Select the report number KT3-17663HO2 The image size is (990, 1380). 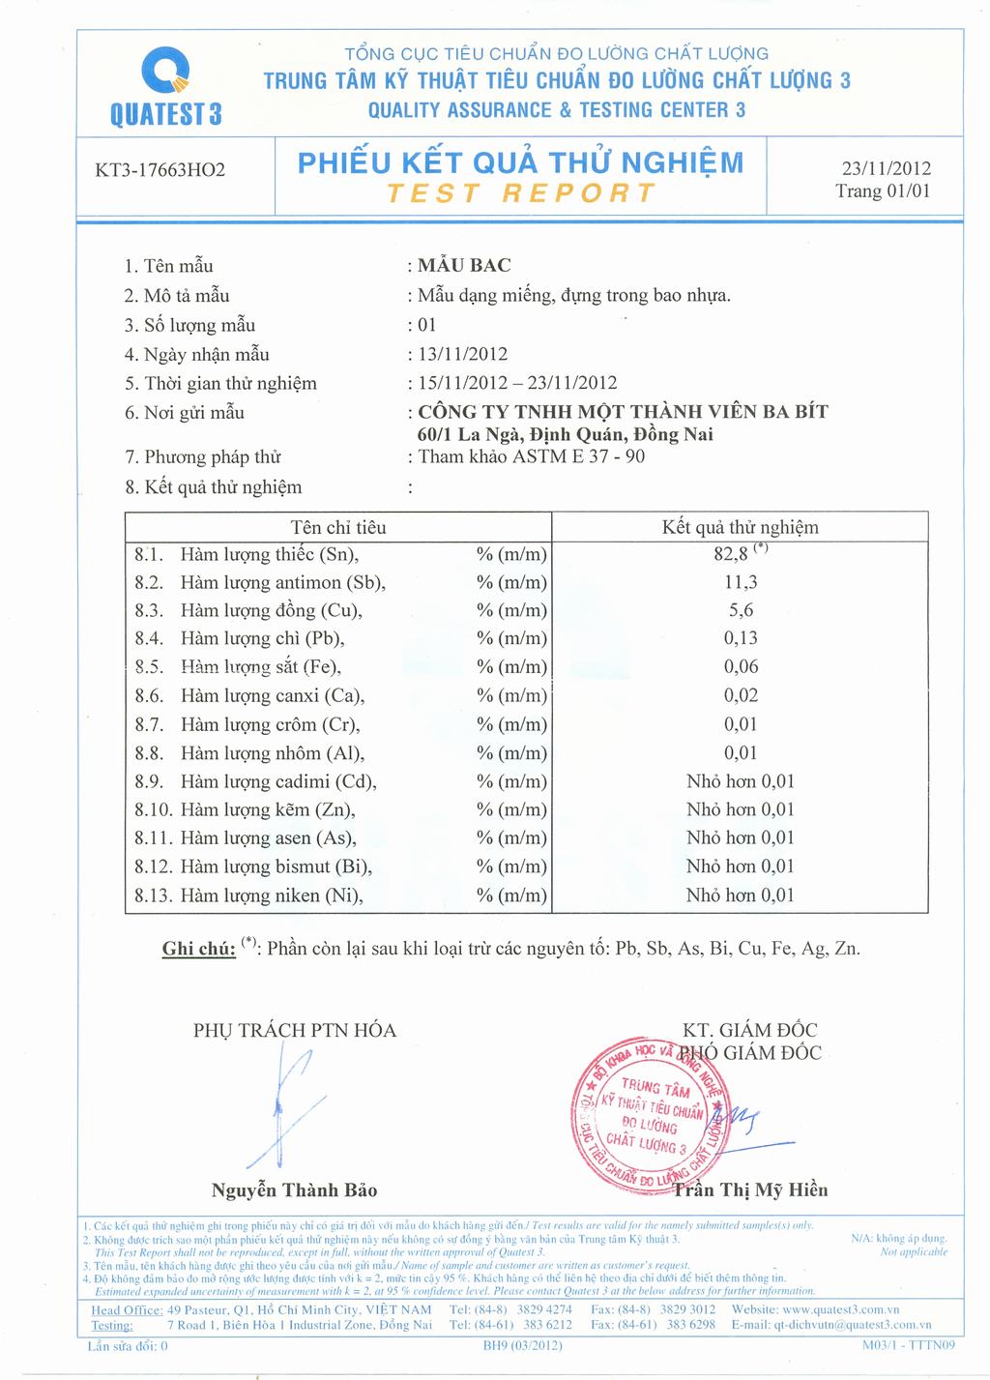coord(160,171)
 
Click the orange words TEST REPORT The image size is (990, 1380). coord(520,193)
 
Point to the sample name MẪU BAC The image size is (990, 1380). coord(465,265)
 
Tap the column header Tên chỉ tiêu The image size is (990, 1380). coord(338,527)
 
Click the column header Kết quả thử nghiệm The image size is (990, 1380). coord(740,527)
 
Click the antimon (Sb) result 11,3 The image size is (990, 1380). coord(741,582)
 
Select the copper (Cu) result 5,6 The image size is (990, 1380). coord(741,610)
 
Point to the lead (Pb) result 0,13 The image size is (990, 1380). coord(741,638)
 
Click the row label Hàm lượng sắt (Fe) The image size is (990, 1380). coord(261,666)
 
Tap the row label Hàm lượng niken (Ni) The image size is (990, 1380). coord(272,896)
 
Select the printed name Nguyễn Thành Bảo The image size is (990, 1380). coord(294,1189)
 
